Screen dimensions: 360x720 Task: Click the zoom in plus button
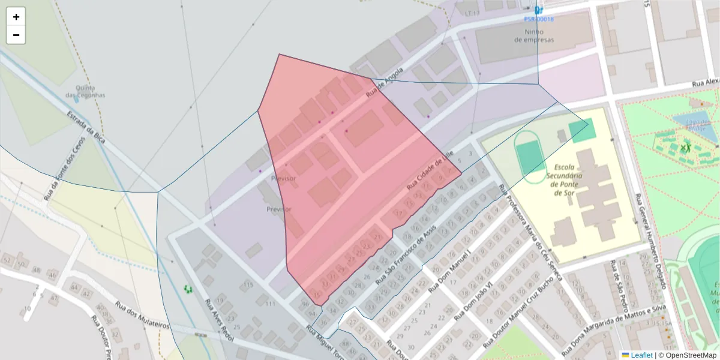(16, 17)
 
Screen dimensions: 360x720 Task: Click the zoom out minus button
(16, 35)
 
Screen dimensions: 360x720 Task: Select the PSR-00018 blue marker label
(539, 19)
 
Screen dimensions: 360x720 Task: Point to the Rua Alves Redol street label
(218, 320)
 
